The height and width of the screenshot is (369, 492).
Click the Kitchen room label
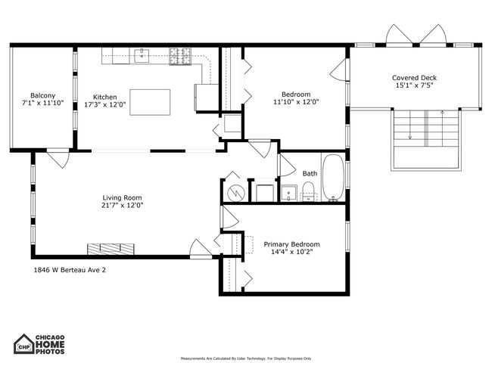[x=104, y=98]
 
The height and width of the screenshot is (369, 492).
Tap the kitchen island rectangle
[x=150, y=102]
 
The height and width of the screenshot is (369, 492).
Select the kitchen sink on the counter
[x=142, y=55]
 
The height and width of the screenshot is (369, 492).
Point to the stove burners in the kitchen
[x=180, y=56]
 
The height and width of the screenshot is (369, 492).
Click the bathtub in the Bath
[x=333, y=177]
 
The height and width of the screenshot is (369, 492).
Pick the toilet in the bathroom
[x=308, y=191]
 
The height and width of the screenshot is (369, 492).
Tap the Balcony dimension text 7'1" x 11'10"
[x=42, y=103]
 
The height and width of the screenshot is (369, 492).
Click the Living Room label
[x=122, y=198]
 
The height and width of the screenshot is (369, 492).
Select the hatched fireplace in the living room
[x=111, y=249]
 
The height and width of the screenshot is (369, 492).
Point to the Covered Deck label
[x=414, y=78]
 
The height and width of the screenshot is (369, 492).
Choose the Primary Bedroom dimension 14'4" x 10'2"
[x=292, y=252]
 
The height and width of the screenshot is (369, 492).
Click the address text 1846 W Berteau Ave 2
[x=70, y=270]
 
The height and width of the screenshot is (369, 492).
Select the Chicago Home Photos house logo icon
[x=24, y=344]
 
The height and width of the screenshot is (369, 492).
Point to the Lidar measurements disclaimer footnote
[x=246, y=358]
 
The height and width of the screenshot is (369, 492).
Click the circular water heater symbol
[x=235, y=191]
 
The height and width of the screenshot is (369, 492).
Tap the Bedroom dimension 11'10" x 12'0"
[x=296, y=102]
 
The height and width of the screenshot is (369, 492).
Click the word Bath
[x=310, y=173]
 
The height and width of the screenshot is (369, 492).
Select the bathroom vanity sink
[x=288, y=193]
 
